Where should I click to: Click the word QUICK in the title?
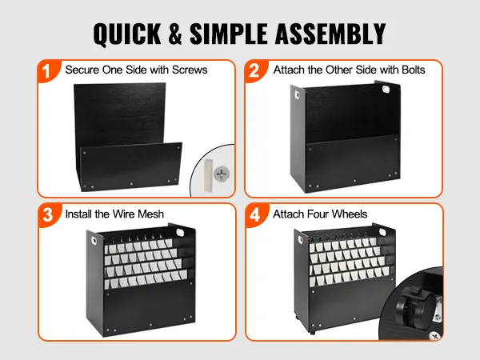tap(127, 34)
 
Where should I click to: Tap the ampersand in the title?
tap(175, 34)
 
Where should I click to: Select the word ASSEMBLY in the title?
tap(330, 34)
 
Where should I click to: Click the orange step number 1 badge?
tap(46, 72)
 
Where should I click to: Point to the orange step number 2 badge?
tap(254, 71)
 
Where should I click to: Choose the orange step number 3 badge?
tap(47, 215)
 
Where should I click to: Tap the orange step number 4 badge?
tap(255, 215)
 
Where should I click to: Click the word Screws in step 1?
tap(190, 70)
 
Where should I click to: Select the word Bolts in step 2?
tap(414, 70)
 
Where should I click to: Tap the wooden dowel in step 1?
tap(208, 176)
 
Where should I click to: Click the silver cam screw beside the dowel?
tap(222, 174)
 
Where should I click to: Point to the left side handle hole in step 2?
tap(298, 95)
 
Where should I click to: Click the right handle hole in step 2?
tap(386, 89)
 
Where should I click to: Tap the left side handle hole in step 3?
tap(93, 239)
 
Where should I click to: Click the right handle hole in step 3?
tap(180, 232)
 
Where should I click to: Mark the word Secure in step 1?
tap(82, 70)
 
